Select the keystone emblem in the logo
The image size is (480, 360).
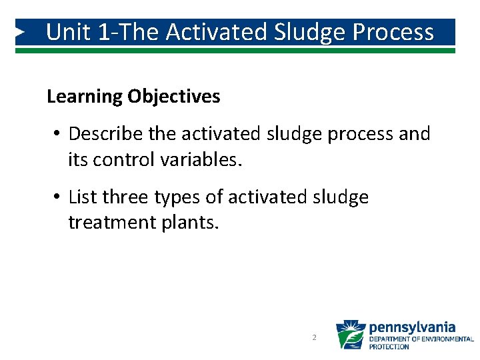click(350, 335)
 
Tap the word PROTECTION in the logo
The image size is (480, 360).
click(389, 347)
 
